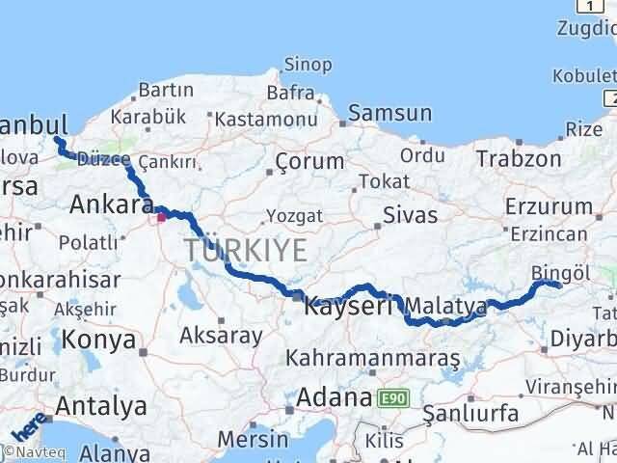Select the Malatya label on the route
point(446,307)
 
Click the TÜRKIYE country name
point(247,252)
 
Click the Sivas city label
point(410,214)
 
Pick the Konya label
point(98,340)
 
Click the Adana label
point(335,397)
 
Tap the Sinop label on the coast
point(307,65)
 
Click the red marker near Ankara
point(161,217)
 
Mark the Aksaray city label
point(221,336)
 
